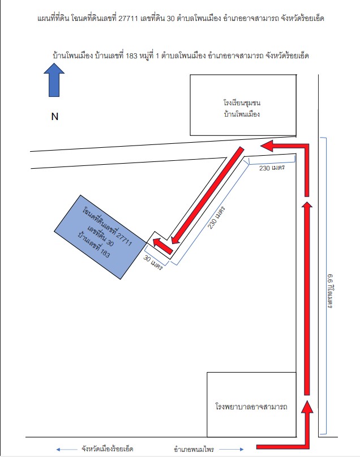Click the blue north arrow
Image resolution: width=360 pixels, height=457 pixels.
pyautogui.click(x=54, y=80)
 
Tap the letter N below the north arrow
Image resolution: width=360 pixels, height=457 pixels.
pyautogui.click(x=55, y=117)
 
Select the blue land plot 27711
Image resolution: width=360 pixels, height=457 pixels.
pyautogui.click(x=100, y=237)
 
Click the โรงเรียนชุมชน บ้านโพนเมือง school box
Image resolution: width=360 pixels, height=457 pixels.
pyautogui.click(x=243, y=105)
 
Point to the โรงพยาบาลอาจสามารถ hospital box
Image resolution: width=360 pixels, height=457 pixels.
pyautogui.click(x=251, y=404)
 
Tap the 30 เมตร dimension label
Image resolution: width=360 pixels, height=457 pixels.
pyautogui.click(x=153, y=262)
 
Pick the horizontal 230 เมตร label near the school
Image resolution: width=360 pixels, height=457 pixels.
pyautogui.click(x=272, y=168)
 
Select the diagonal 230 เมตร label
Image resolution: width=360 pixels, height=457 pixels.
pyautogui.click(x=216, y=217)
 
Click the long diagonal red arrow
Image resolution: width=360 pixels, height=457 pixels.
pyautogui.click(x=207, y=195)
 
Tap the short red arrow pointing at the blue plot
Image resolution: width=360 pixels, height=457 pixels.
pyautogui.click(x=163, y=246)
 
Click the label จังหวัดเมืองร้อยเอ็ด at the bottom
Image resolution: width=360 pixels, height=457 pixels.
pyautogui.click(x=107, y=449)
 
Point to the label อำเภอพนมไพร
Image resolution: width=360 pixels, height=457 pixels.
pyautogui.click(x=194, y=449)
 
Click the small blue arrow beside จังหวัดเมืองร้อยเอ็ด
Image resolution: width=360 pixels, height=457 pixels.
pyautogui.click(x=67, y=450)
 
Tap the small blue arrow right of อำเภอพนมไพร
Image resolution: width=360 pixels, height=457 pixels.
pyautogui.click(x=232, y=450)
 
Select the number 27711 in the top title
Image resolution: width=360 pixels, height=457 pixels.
pyautogui.click(x=128, y=19)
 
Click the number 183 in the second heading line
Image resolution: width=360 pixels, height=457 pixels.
pyautogui.click(x=131, y=55)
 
